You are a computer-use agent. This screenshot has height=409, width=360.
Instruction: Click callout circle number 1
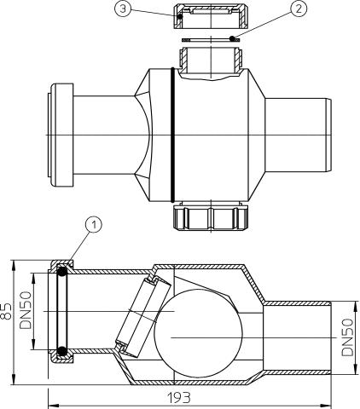(x=96, y=225)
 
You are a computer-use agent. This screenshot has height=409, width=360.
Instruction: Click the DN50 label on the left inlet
(x=26, y=311)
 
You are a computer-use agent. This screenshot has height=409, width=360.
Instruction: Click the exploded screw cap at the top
(x=210, y=16)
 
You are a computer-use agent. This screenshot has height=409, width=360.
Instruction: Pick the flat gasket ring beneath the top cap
(x=210, y=39)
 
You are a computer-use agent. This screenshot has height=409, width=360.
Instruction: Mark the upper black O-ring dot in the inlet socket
(x=62, y=272)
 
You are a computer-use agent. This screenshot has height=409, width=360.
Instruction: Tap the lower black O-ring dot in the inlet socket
(x=62, y=350)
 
